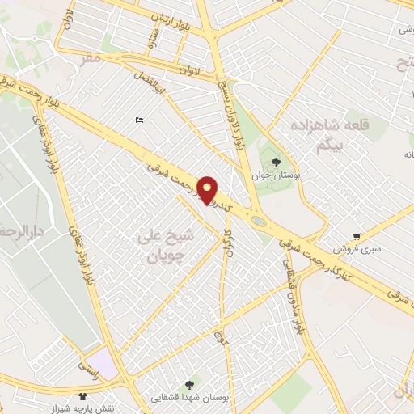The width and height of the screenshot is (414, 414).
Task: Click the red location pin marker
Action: point(209,190)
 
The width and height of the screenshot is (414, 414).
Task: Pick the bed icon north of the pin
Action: point(141,120)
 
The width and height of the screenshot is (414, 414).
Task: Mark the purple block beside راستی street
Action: point(102,359)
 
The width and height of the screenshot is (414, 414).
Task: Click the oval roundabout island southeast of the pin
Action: point(258,220)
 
